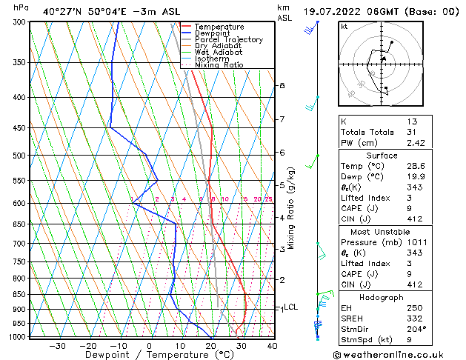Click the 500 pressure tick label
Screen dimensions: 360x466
(19, 156)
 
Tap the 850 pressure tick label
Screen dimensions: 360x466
(19, 294)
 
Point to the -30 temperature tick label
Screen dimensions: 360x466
(57, 345)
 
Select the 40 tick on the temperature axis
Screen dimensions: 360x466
(272, 345)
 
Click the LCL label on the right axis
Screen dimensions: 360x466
(290, 307)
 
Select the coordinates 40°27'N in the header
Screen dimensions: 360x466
(62, 12)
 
